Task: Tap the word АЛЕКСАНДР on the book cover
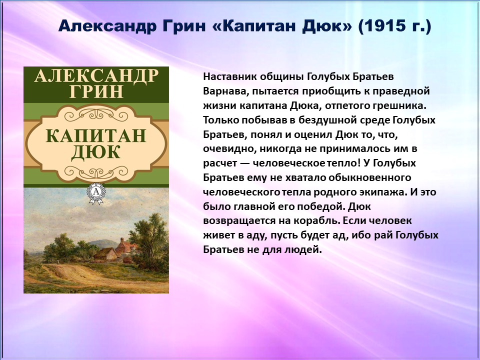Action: (x=96, y=75)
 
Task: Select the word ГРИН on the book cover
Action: (x=96, y=91)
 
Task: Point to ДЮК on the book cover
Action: (x=96, y=152)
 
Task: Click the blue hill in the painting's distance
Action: (x=100, y=243)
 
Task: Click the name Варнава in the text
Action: (x=225, y=91)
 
